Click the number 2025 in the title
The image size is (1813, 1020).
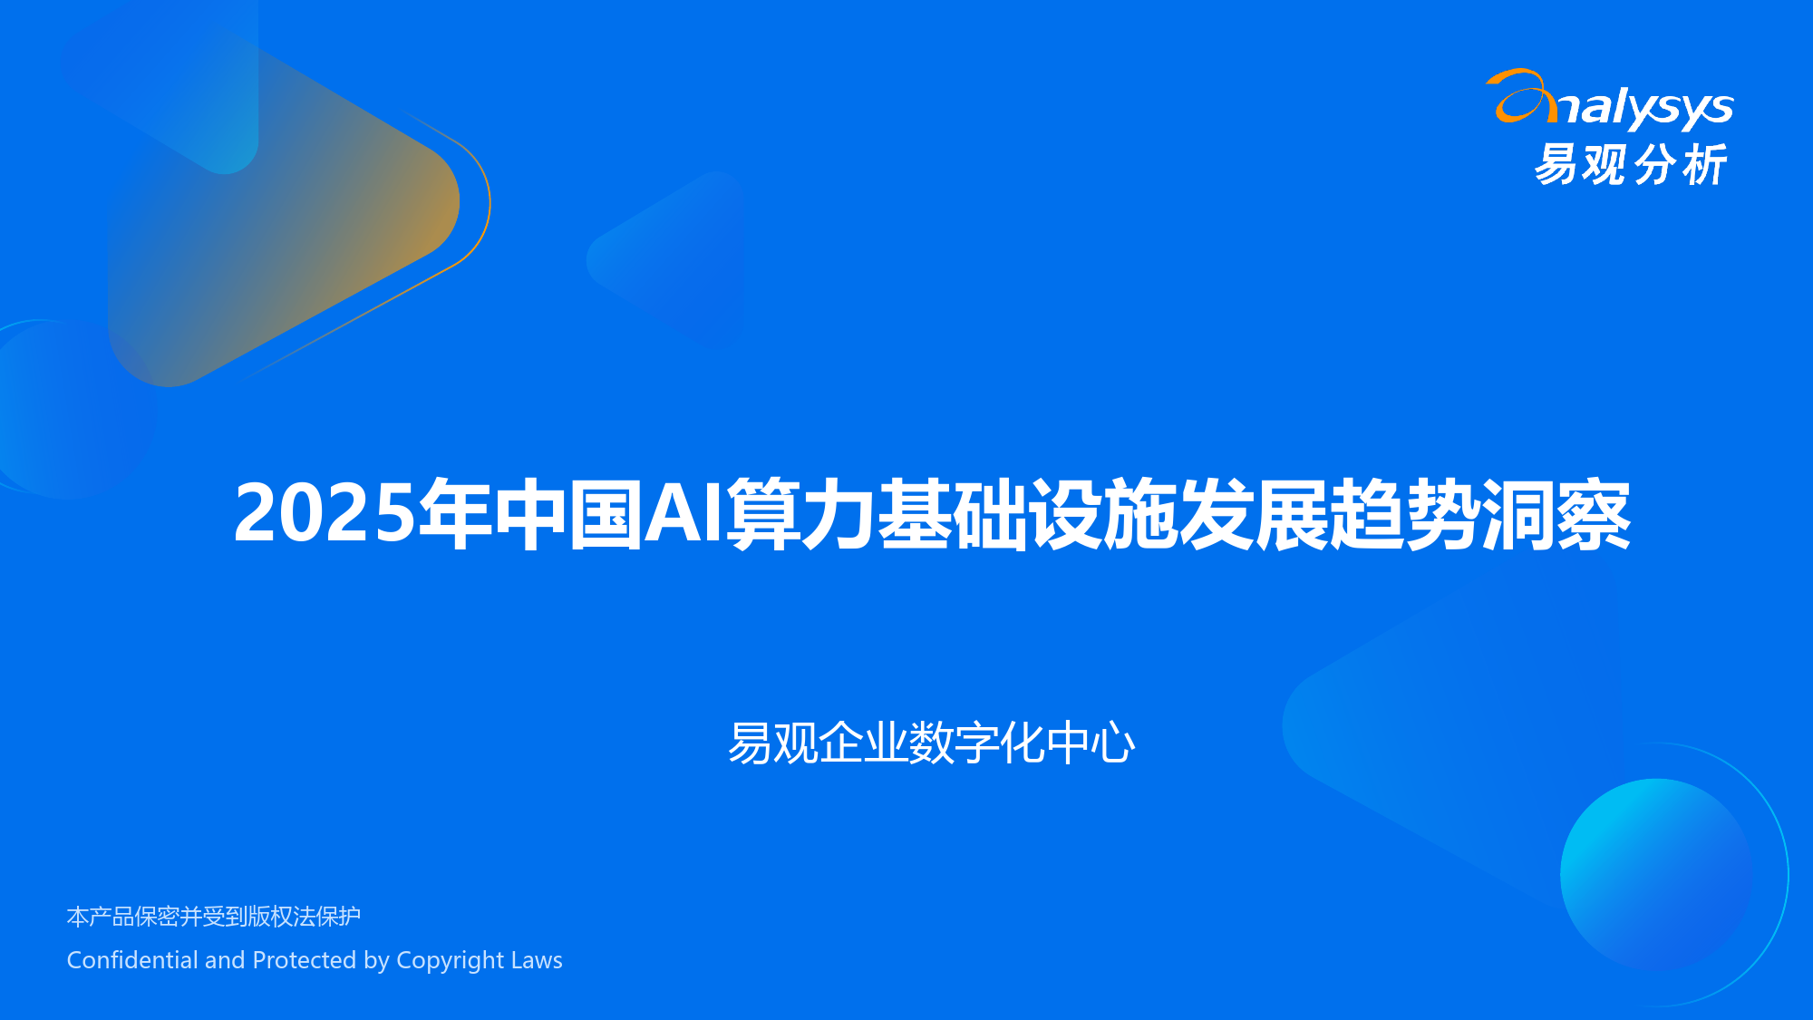[x=325, y=513]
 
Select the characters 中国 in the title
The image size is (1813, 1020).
[x=567, y=514]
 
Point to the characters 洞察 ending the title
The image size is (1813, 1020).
[x=1556, y=514]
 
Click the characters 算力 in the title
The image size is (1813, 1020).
[x=800, y=514]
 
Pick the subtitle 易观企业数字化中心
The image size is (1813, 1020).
[x=931, y=743]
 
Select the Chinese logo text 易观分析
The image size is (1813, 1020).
[x=1630, y=165]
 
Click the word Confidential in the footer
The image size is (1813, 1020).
[x=132, y=959]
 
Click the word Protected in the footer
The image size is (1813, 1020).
[x=305, y=959]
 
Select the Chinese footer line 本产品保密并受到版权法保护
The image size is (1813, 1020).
[x=214, y=917]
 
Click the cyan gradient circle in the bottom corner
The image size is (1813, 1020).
[x=1656, y=874]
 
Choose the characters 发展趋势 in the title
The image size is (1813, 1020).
[x=1329, y=514]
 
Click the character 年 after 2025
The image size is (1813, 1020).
[x=455, y=514]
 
